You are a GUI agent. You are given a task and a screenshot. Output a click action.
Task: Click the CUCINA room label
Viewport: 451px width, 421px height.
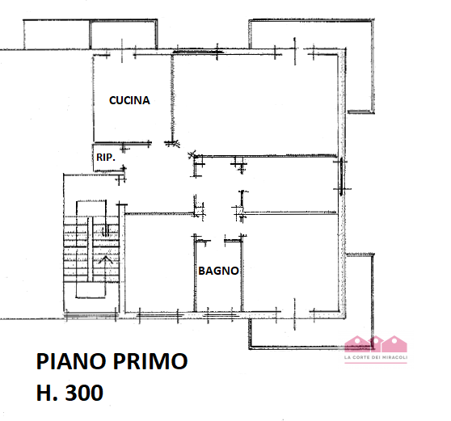click(x=130, y=100)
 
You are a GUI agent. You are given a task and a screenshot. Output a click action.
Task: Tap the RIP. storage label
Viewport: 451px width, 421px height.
click(x=104, y=158)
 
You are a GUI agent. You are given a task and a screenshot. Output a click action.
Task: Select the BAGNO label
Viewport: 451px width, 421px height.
click(x=218, y=272)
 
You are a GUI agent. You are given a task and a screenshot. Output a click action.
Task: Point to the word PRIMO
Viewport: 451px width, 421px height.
click(x=154, y=361)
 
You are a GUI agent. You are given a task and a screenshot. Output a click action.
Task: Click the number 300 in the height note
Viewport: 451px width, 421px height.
click(x=83, y=394)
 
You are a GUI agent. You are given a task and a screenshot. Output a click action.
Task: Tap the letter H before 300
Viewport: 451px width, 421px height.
click(x=45, y=394)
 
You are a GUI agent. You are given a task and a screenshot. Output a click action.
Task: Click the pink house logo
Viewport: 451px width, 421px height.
click(x=375, y=344)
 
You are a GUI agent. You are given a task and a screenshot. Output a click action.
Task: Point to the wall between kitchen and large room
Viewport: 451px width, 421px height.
click(x=172, y=97)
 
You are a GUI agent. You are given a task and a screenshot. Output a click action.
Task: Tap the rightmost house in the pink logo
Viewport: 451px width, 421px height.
click(x=394, y=343)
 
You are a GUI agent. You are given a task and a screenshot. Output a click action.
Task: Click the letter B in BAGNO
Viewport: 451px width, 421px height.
click(x=202, y=272)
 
